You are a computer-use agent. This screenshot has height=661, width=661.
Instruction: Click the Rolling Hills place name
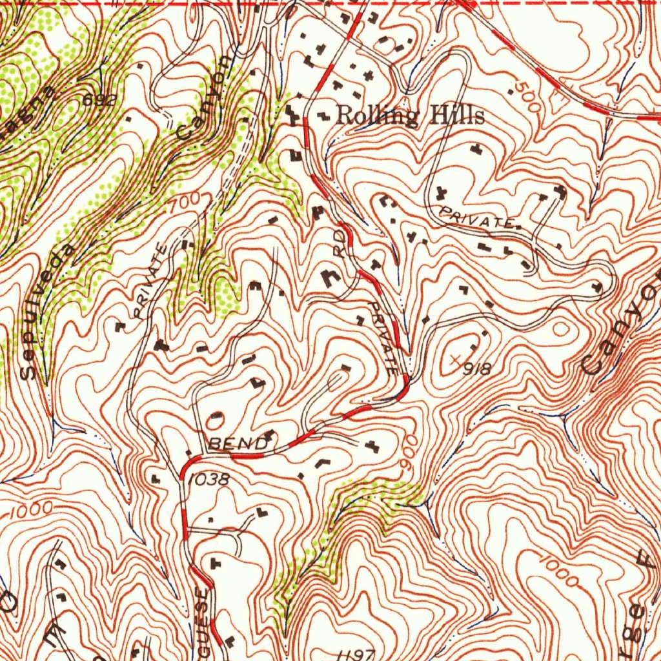411,116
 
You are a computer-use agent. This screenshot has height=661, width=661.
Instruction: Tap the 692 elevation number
99,100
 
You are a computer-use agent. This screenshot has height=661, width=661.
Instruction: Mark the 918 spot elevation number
478,369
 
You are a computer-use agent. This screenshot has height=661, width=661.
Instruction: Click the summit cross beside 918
458,358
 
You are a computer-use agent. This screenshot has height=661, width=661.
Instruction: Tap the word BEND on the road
238,444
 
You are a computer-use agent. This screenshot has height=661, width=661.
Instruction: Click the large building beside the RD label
330,278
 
